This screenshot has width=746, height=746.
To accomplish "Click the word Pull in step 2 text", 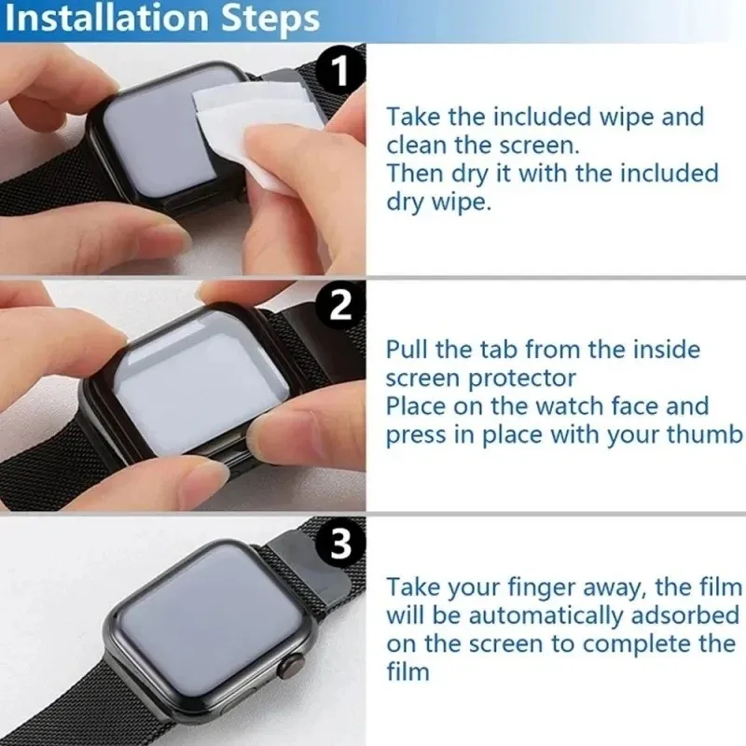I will pyautogui.click(x=408, y=350).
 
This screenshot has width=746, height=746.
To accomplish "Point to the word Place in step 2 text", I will pyautogui.click(x=416, y=407).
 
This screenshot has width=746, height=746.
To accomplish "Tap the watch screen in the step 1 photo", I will pyautogui.click(x=154, y=131).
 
